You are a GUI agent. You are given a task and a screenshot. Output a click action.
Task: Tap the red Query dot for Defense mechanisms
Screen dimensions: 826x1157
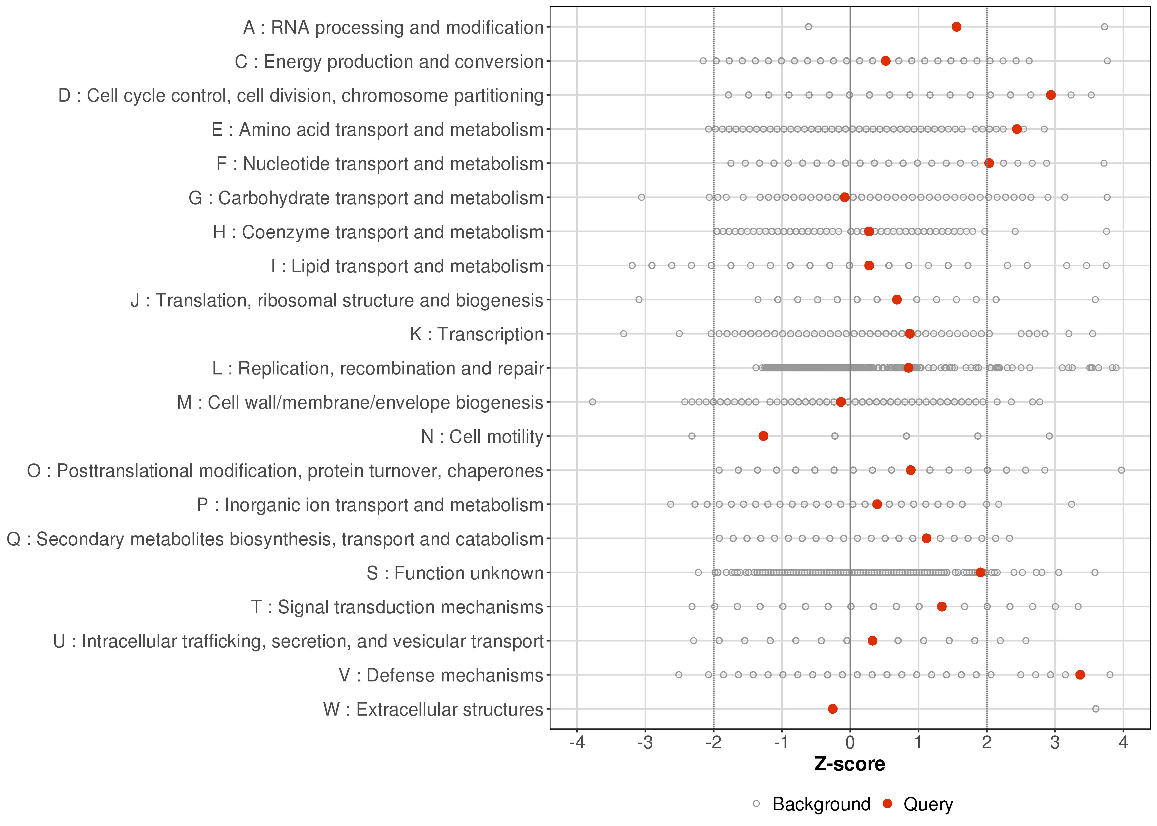pos(1080,675)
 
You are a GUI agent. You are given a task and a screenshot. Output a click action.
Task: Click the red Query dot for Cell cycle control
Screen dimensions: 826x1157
pos(1051,95)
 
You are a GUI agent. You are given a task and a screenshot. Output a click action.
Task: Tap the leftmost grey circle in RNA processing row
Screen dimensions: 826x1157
pos(809,27)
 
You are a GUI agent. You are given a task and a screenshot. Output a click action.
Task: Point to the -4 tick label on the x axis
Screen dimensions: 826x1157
pos(577,743)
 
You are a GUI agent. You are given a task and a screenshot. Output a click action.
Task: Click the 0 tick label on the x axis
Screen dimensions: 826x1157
pos(850,743)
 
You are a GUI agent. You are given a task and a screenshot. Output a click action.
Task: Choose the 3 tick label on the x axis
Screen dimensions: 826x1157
pos(1055,743)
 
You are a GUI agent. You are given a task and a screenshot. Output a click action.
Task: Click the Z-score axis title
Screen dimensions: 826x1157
pos(850,764)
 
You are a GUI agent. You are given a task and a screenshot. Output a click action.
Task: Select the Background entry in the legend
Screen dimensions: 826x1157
pos(821,804)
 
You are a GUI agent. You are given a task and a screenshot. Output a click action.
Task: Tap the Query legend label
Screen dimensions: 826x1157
pos(928,804)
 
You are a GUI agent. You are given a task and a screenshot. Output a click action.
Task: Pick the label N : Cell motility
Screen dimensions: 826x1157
pos(482,436)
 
